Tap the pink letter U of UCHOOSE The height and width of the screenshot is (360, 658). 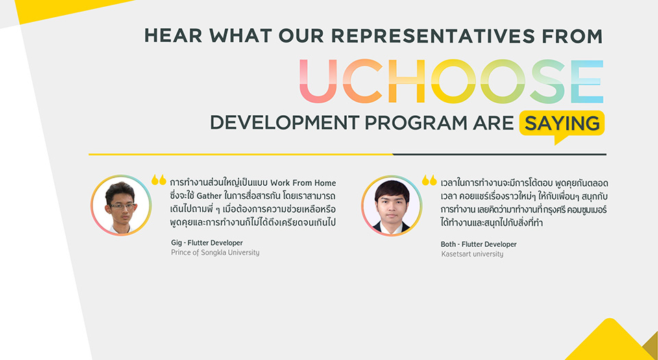pyautogui.click(x=318, y=81)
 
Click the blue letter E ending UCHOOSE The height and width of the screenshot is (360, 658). pyautogui.click(x=587, y=81)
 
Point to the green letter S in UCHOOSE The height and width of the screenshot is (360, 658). pyautogui.click(x=547, y=81)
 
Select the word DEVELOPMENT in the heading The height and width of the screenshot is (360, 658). pyautogui.click(x=284, y=123)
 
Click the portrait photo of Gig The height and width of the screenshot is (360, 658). pyautogui.click(x=121, y=206)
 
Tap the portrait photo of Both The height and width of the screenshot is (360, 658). pyautogui.click(x=391, y=206)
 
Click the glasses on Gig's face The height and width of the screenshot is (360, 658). pyautogui.click(x=122, y=206)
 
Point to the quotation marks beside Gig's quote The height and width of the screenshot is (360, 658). pyautogui.click(x=159, y=180)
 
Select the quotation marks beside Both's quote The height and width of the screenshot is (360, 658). pyautogui.click(x=429, y=180)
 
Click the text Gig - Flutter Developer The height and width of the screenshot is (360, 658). pyautogui.click(x=207, y=243)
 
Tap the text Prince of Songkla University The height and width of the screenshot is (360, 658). pyautogui.click(x=215, y=252)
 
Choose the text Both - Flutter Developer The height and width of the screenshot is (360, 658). pyautogui.click(x=478, y=244)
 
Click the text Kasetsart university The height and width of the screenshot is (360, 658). pyautogui.click(x=472, y=254)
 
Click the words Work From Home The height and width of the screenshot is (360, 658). pyautogui.click(x=304, y=183)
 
